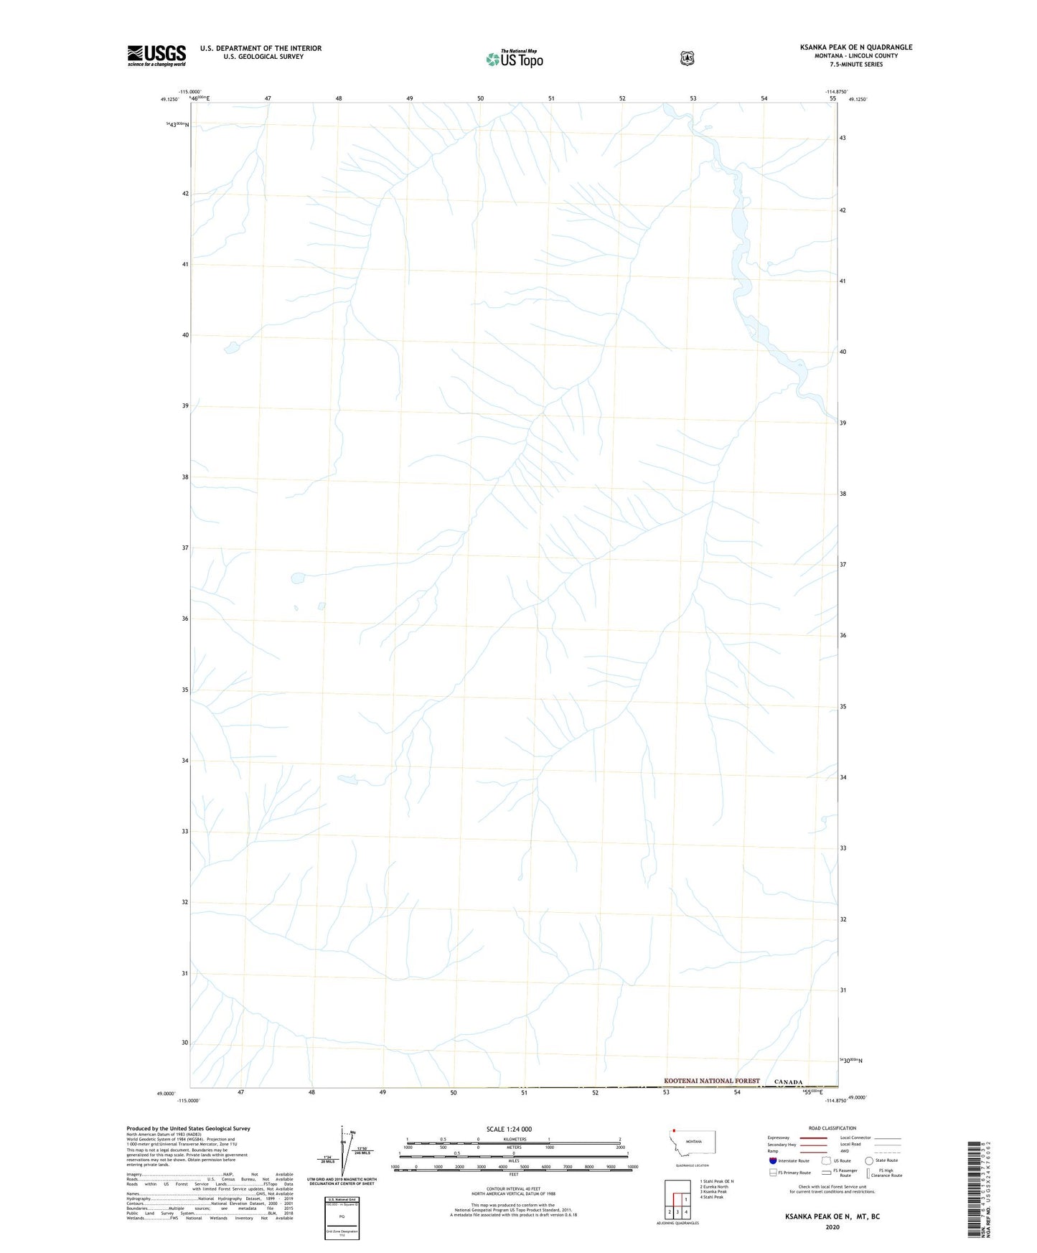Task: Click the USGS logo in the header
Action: point(156,55)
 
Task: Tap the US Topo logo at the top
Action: point(514,59)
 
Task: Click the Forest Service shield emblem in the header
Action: point(687,58)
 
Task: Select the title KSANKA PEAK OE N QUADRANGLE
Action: point(856,47)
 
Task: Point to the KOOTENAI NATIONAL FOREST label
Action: point(711,1081)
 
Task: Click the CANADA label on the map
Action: point(788,1082)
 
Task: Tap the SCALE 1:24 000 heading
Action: point(509,1129)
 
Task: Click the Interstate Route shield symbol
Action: point(772,1160)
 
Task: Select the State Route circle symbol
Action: point(869,1160)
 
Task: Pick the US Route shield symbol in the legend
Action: point(826,1160)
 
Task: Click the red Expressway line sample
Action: point(812,1137)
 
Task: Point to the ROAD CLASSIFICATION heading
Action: point(832,1128)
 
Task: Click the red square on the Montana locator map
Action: point(675,1130)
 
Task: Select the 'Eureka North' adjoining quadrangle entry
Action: point(715,1187)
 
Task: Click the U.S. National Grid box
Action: point(342,1216)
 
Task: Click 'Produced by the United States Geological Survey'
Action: point(188,1129)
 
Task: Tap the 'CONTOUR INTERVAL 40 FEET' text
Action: point(513,1189)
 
